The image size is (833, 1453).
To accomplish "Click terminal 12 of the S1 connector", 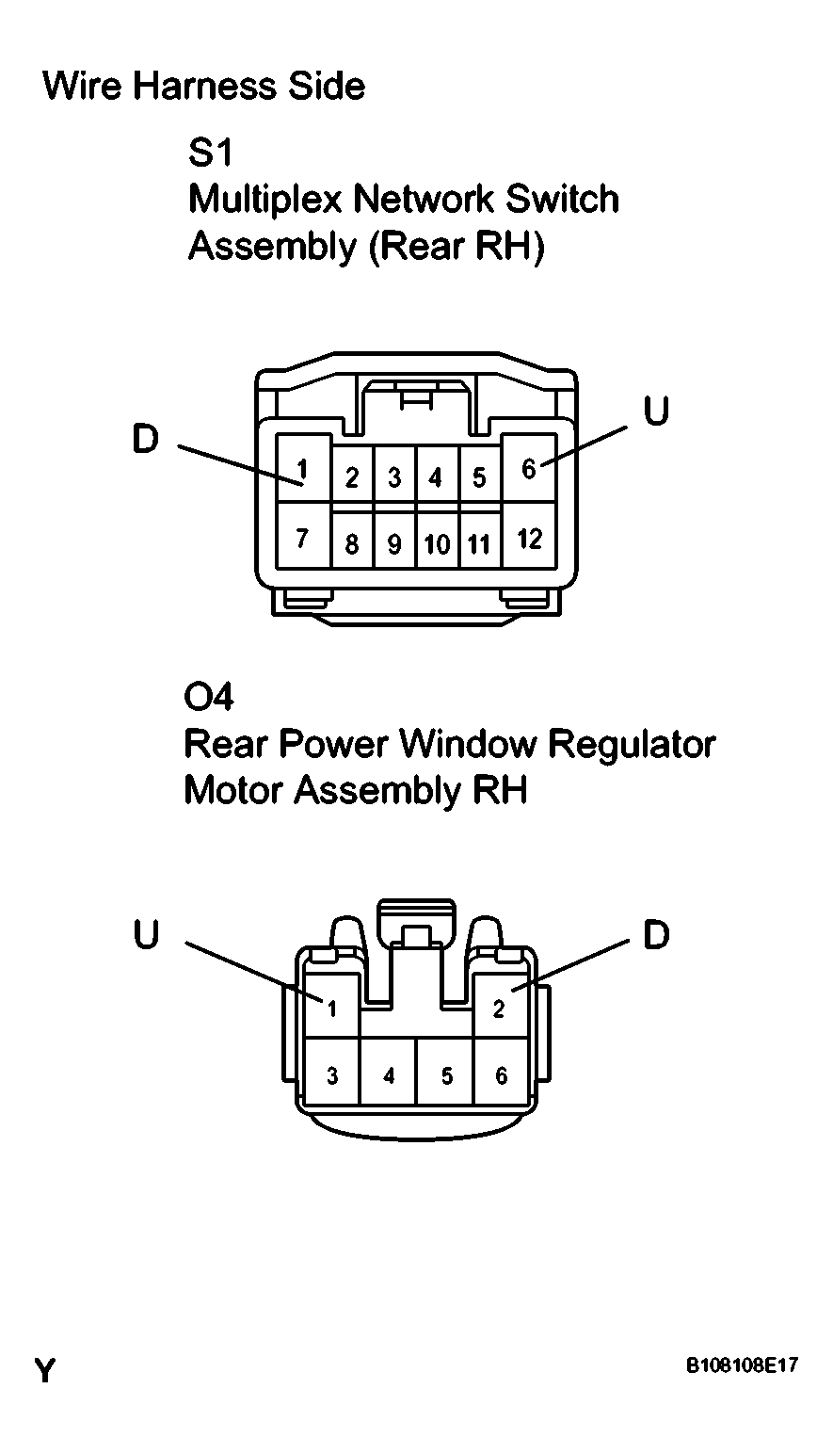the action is click(529, 536).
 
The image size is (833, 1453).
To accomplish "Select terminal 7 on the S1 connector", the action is click(303, 536).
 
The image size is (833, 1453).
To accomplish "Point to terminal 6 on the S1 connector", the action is click(529, 468).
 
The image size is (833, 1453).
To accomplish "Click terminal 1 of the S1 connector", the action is click(303, 468).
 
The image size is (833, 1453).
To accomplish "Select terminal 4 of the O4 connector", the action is click(389, 1076).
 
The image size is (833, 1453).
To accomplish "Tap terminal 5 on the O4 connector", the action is click(446, 1076).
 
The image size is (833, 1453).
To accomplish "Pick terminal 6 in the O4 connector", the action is click(502, 1076).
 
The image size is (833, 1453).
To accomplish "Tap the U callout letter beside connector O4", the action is click(146, 935).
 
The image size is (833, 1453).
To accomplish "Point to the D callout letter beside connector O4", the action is click(656, 935).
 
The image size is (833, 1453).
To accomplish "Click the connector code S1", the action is click(210, 153).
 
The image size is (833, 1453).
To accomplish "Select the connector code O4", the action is click(209, 697).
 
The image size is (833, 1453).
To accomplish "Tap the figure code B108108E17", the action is click(743, 1364).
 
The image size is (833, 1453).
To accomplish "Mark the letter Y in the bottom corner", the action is click(45, 1371).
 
